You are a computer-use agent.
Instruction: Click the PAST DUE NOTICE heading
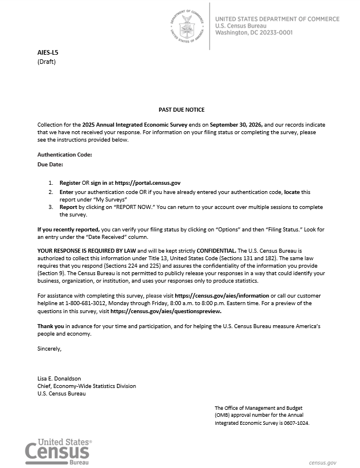[x=181, y=109]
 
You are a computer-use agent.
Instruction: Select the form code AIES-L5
[x=48, y=52]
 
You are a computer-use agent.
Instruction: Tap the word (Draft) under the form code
[x=47, y=62]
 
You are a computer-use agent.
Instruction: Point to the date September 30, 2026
[x=237, y=124]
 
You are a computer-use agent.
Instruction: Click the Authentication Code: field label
[x=65, y=154]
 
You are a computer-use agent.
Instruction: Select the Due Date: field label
[x=50, y=165]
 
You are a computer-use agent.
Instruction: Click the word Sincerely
[x=49, y=349]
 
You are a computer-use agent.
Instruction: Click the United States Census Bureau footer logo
[x=58, y=451]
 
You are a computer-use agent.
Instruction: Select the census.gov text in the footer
[x=323, y=462]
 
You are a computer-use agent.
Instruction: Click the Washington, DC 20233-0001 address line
[x=253, y=33]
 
